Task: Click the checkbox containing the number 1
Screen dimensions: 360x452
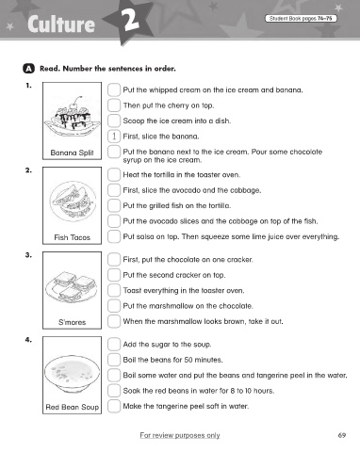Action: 114,136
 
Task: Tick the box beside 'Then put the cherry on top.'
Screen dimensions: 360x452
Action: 114,105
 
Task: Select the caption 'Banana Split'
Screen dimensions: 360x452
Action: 72,153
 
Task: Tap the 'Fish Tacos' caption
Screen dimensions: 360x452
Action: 72,237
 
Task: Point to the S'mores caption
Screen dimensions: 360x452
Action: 72,322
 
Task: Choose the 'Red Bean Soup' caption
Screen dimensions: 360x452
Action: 73,407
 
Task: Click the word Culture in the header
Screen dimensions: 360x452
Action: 61,24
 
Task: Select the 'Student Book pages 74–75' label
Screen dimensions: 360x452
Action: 301,19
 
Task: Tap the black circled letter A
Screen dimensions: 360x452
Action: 28,69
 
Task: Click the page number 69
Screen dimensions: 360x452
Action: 342,435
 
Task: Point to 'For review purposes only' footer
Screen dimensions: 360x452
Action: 180,435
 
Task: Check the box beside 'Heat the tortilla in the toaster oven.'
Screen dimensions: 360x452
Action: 114,174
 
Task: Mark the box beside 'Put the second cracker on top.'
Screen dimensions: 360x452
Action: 114,275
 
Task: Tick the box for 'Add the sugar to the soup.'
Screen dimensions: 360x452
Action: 114,344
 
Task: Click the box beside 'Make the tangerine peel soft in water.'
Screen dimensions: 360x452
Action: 114,406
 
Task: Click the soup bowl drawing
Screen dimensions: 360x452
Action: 72,374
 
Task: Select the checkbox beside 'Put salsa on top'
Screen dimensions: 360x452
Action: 114,236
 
